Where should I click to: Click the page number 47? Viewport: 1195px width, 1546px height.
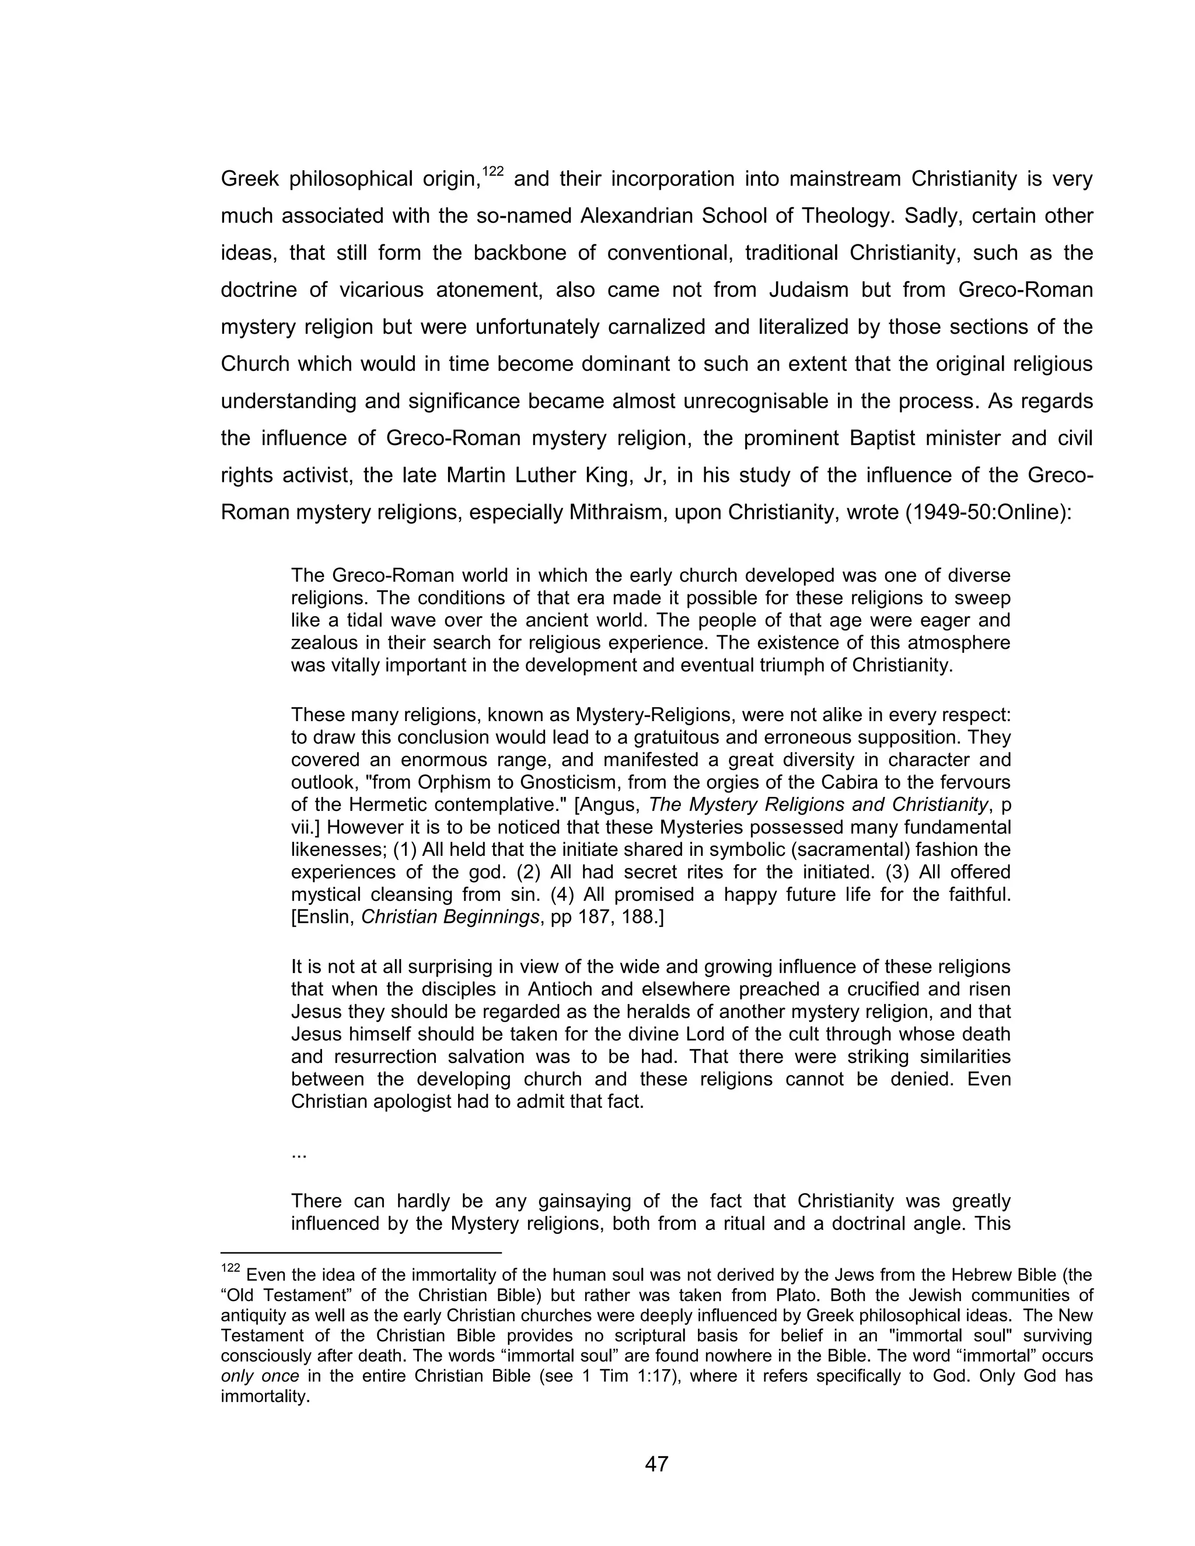[x=656, y=1463]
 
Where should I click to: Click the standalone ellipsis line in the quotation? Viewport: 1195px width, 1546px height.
[x=298, y=1154]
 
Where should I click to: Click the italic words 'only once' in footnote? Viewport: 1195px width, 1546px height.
[x=259, y=1377]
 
